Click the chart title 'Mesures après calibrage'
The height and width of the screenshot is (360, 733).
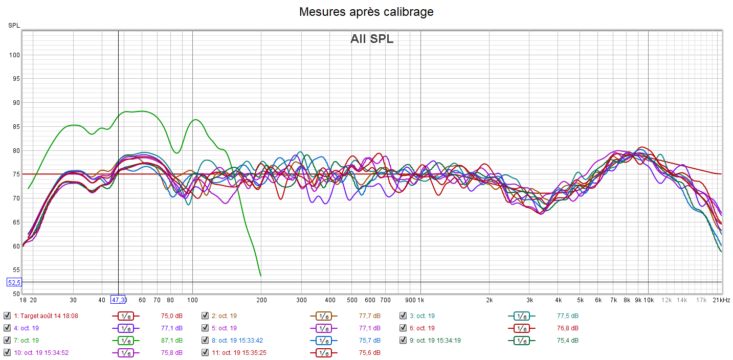[366, 12]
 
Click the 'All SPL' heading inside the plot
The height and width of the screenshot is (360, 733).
[372, 39]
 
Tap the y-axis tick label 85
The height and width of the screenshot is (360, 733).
[16, 126]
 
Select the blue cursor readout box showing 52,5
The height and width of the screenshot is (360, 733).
[14, 282]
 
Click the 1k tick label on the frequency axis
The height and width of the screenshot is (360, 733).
[420, 300]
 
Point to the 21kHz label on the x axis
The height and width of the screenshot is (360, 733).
[721, 300]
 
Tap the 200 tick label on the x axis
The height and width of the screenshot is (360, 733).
[261, 300]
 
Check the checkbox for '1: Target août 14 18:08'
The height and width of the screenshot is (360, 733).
[7, 316]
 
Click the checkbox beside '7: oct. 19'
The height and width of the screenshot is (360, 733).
[7, 340]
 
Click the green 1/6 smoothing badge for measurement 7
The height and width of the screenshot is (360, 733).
[125, 340]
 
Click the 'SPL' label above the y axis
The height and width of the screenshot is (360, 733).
[14, 25]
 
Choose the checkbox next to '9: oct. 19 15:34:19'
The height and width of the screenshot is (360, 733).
[403, 340]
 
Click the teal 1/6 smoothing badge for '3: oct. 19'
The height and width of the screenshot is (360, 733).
[521, 316]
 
